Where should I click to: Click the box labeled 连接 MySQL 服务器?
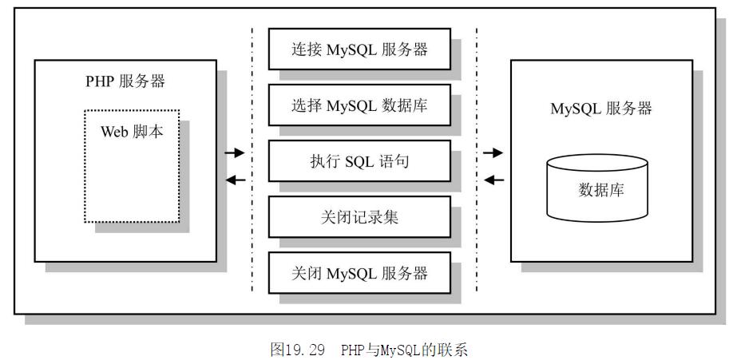[359, 49]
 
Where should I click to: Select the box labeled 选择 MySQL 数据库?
[359, 105]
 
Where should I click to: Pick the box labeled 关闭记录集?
[359, 216]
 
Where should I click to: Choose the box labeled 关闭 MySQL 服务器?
[359, 272]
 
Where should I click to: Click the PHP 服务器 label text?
[126, 81]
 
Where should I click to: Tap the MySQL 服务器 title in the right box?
[600, 109]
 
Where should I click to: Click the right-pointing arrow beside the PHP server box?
[235, 152]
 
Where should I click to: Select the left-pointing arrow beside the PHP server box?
[235, 180]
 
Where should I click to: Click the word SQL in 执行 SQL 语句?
[359, 162]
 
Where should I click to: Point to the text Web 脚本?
[131, 132]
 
